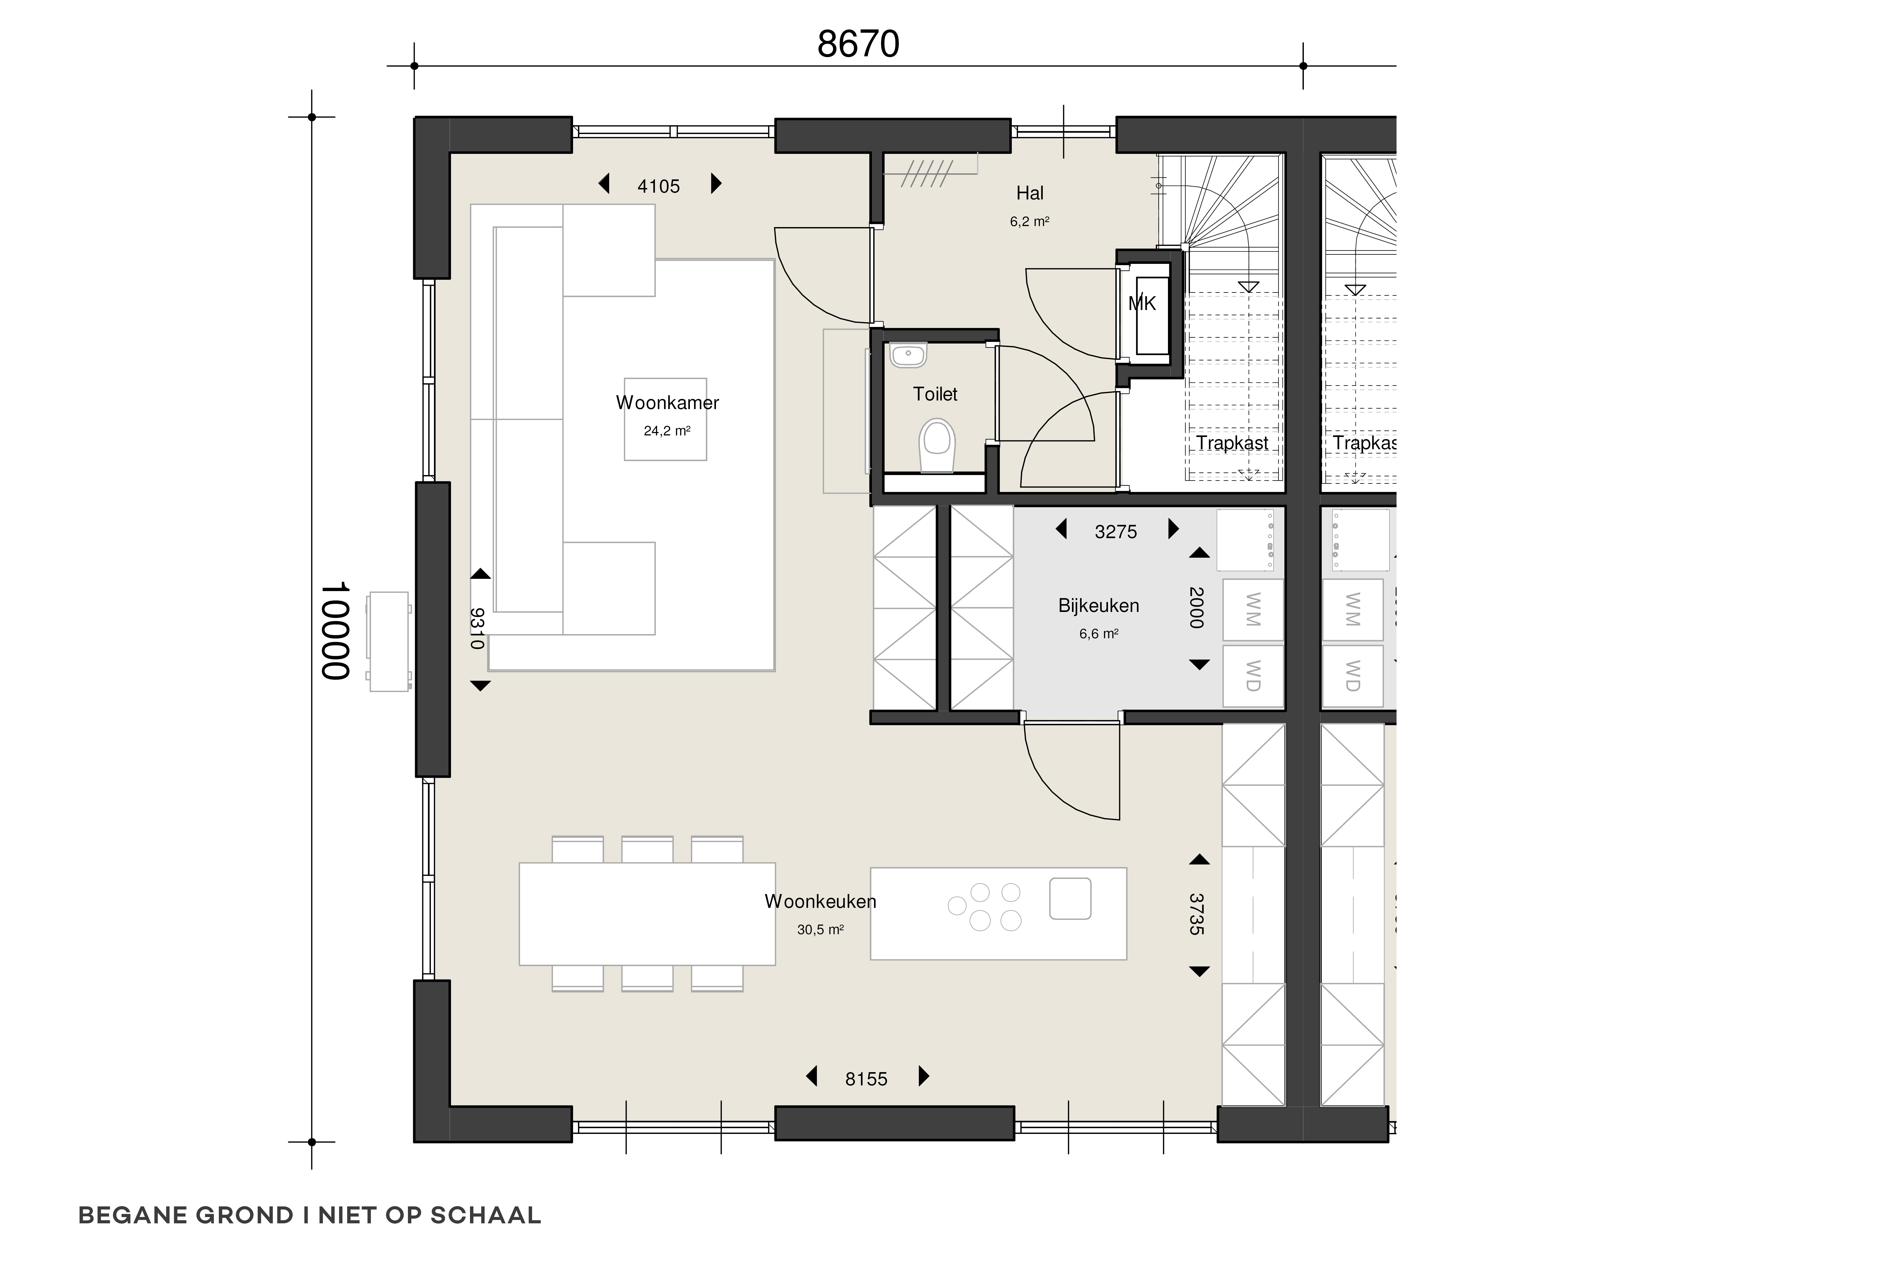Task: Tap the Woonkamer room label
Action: pyautogui.click(x=667, y=403)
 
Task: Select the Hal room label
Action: pyautogui.click(x=1030, y=193)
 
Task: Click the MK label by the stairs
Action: pyautogui.click(x=1142, y=304)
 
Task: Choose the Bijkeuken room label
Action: pyautogui.click(x=1099, y=606)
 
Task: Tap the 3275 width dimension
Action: pyautogui.click(x=1116, y=532)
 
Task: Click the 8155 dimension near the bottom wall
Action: pyautogui.click(x=866, y=1079)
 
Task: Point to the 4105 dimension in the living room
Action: pyautogui.click(x=659, y=187)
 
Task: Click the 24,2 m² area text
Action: pyautogui.click(x=667, y=431)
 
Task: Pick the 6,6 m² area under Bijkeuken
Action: pyautogui.click(x=1099, y=634)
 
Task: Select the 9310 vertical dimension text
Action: pyautogui.click(x=477, y=628)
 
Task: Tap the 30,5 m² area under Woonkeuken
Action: pyautogui.click(x=820, y=930)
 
